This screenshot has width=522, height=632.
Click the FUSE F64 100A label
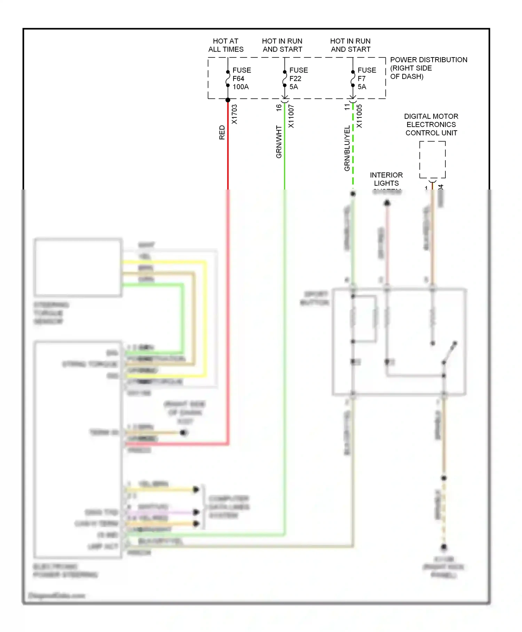click(x=241, y=78)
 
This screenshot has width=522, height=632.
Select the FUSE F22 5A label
click(x=298, y=78)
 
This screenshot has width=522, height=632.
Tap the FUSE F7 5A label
click(x=366, y=78)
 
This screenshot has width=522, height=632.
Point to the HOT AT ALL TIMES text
click(x=226, y=45)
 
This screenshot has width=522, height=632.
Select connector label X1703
click(x=234, y=114)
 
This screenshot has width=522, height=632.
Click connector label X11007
click(x=291, y=116)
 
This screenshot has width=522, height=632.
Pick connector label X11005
click(x=359, y=116)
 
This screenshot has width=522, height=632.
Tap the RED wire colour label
click(x=222, y=133)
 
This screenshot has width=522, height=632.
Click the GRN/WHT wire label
click(x=279, y=142)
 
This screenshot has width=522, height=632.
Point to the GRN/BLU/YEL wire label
click(x=347, y=148)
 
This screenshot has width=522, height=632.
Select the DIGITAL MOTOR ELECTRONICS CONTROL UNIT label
click(x=431, y=124)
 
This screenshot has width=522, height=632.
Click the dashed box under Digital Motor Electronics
click(x=432, y=160)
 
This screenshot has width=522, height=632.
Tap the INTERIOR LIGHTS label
click(x=386, y=179)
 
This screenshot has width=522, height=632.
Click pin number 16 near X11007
click(x=279, y=108)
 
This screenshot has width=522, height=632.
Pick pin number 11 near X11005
click(x=347, y=107)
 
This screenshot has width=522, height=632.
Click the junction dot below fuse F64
click(x=228, y=100)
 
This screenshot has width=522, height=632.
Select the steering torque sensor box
click(x=78, y=268)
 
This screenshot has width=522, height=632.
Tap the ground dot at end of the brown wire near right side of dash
click(x=183, y=433)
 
